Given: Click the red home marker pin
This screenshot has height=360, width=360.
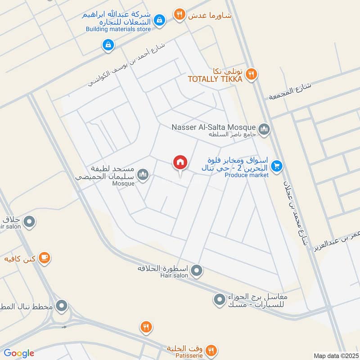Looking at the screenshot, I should [x=180, y=163].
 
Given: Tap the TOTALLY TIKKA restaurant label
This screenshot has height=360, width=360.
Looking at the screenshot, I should [x=215, y=79].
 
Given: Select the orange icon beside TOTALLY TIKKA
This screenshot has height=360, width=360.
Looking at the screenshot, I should [x=252, y=74].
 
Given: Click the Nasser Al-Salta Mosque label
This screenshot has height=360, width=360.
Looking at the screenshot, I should [x=214, y=127].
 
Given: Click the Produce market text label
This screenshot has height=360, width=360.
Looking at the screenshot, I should [x=247, y=175].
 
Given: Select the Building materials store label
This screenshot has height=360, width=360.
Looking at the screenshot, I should [x=118, y=30].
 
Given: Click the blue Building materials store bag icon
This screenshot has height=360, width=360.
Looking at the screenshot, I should [x=159, y=20].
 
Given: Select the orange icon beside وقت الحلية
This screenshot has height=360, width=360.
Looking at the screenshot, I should [x=211, y=350].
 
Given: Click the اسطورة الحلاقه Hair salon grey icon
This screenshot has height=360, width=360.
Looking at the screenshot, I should [x=196, y=271].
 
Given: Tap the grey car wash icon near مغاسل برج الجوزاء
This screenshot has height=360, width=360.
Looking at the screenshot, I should [x=219, y=299].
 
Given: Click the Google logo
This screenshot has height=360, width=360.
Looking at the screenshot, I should [x=19, y=353].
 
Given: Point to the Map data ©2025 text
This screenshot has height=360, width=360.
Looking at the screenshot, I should [x=335, y=356].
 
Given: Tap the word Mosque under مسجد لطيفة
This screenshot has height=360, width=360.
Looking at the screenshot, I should [x=123, y=184].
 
